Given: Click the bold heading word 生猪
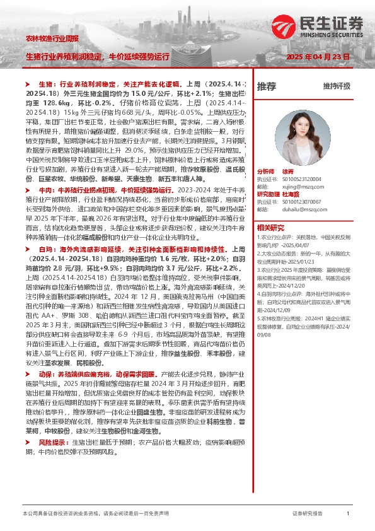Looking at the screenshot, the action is click(45, 83).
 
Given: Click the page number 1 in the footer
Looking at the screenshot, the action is click(348, 515).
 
